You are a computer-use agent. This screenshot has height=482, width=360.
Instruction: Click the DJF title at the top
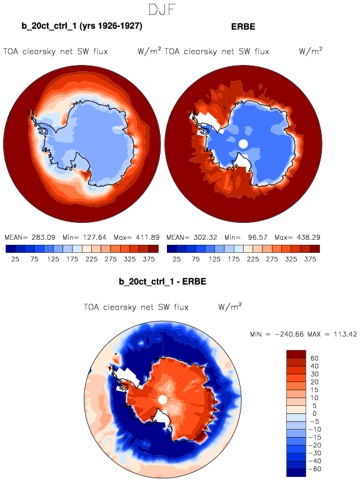coord(162,10)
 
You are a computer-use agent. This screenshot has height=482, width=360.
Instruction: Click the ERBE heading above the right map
coord(243,27)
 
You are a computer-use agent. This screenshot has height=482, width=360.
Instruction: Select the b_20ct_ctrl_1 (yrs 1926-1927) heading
coord(82,26)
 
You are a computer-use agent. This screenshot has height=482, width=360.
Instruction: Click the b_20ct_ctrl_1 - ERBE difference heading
coord(162,282)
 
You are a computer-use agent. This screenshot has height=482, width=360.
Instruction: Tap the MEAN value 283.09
coord(43,237)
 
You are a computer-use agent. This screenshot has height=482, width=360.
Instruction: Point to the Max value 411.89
coord(147,237)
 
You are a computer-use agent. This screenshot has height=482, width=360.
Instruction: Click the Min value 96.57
coord(257,237)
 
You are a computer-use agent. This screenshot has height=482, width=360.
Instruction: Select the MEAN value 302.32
coord(205,237)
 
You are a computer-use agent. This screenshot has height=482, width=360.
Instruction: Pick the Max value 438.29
coord(308,237)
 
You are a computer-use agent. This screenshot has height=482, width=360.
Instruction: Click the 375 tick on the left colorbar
coord(149,259)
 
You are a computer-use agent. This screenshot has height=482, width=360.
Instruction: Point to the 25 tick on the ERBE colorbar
coord(177,259)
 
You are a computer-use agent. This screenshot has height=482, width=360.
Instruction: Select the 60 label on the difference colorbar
coord(314,358)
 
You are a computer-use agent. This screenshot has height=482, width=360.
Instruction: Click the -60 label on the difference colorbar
coord(314,469)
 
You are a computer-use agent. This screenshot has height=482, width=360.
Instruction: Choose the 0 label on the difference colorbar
coord(314,413)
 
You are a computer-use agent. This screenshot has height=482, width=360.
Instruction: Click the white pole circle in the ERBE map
coord(243,144)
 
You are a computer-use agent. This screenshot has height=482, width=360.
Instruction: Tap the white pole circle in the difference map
coord(162,400)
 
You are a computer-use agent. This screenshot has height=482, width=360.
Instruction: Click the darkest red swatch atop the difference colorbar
coord(296,354)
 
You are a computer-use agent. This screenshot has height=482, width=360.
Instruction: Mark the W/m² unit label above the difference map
coord(230,307)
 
